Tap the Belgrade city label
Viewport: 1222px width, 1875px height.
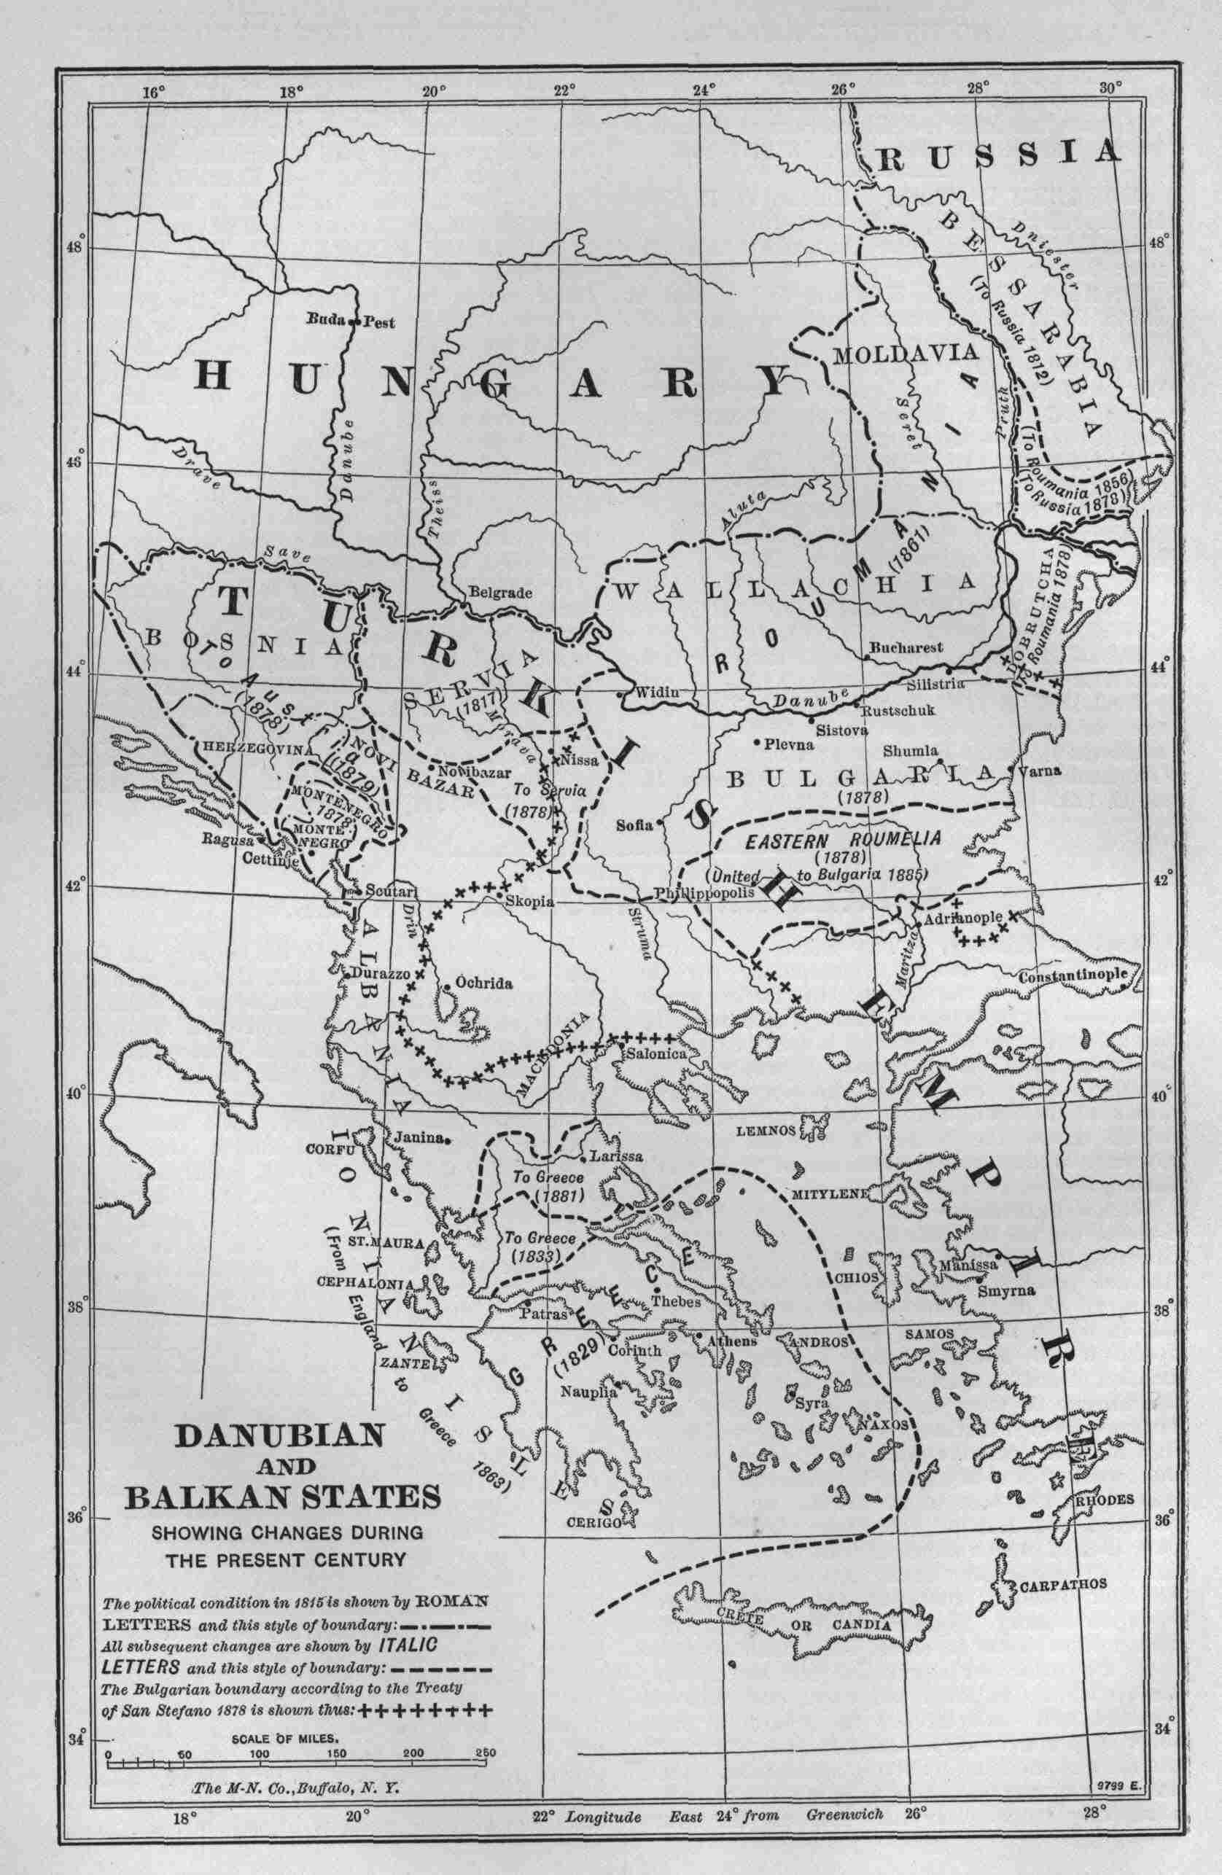click(x=501, y=593)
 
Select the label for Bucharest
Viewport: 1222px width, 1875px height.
click(x=906, y=647)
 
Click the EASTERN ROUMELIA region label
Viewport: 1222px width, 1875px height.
click(x=842, y=841)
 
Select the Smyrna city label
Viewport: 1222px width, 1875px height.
click(x=1004, y=1292)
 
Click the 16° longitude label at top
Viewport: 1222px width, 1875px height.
click(x=154, y=92)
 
